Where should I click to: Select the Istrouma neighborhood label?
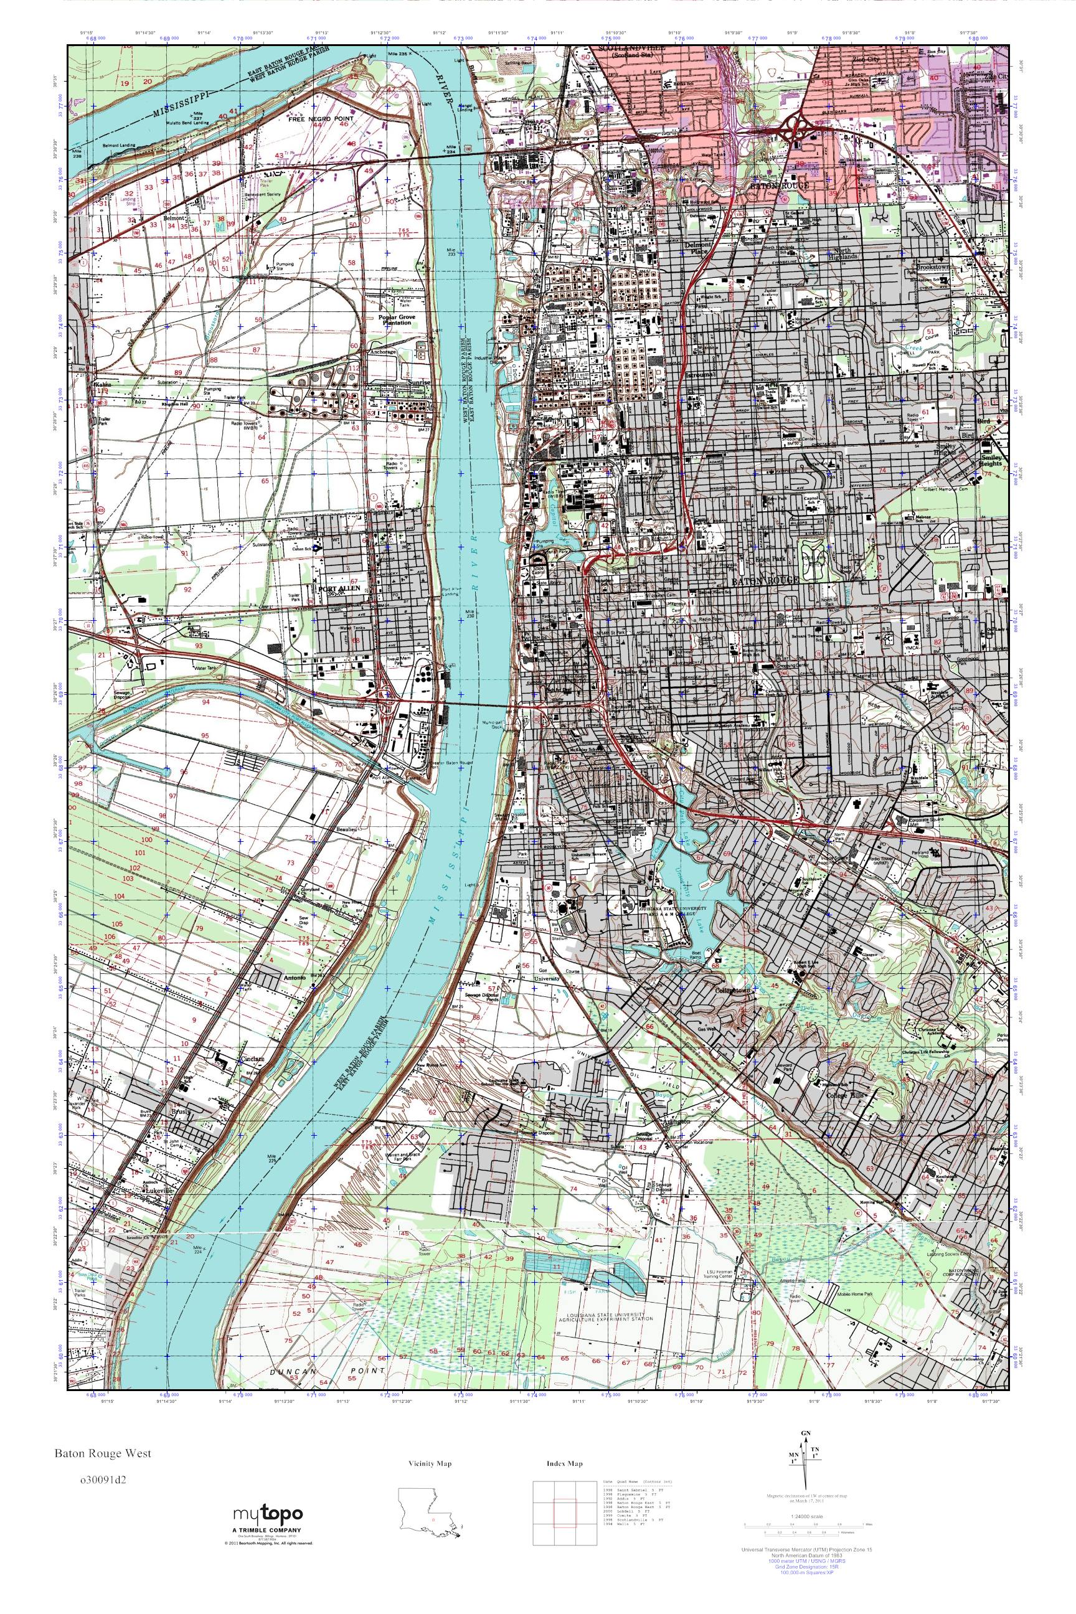(700, 375)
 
